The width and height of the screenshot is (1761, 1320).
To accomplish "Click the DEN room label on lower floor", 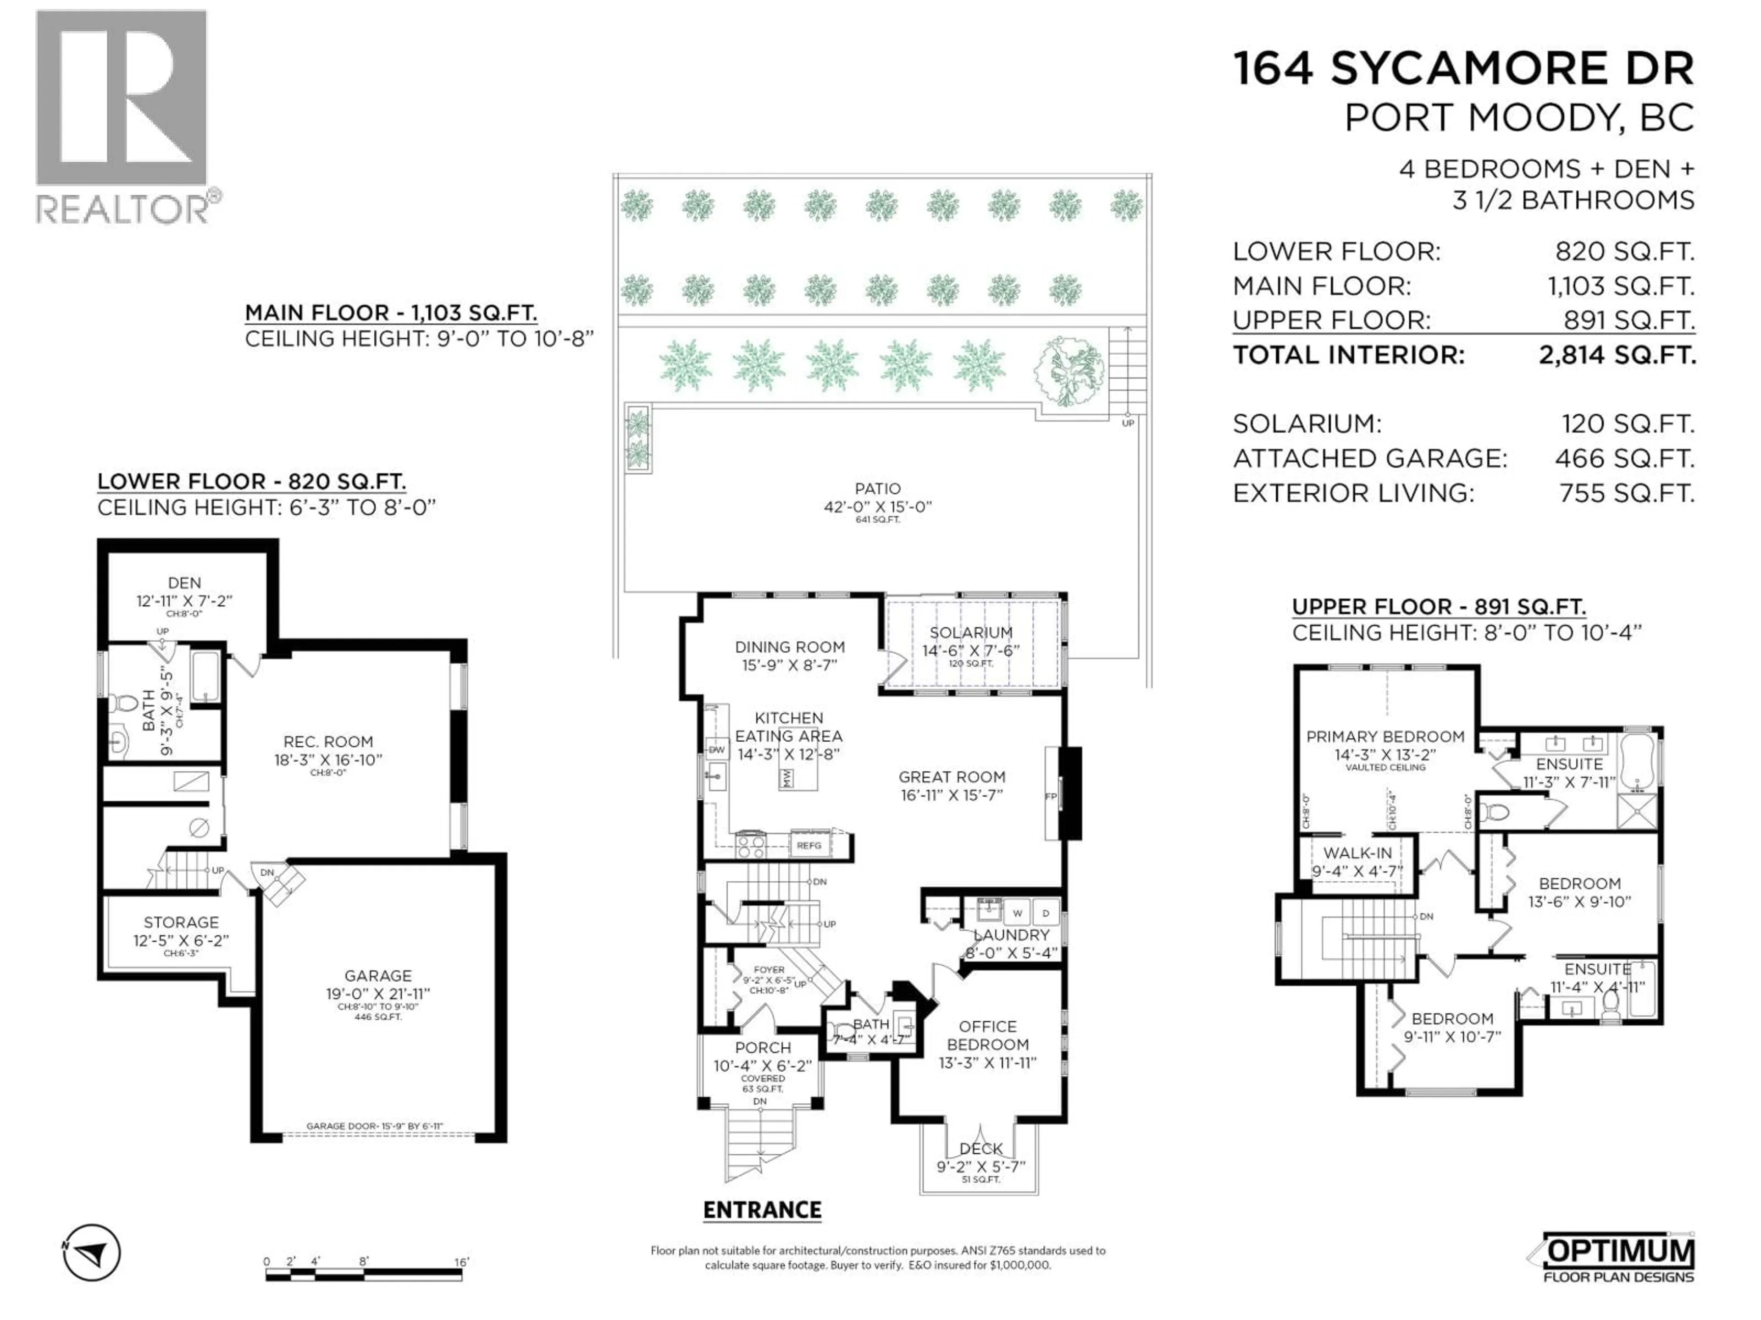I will click(x=184, y=583).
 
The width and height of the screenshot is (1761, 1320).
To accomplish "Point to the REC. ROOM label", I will click(x=328, y=742).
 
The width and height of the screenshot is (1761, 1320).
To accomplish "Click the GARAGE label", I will click(x=378, y=975).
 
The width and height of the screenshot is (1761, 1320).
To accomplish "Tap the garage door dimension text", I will click(x=374, y=1126).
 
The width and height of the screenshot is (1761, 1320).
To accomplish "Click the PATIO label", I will click(x=877, y=489).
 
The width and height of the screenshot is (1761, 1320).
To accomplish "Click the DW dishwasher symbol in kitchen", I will click(x=716, y=749).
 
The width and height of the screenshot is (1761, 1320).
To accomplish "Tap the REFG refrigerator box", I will click(x=809, y=845).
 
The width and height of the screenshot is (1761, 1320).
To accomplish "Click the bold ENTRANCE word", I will click(x=762, y=1210).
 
